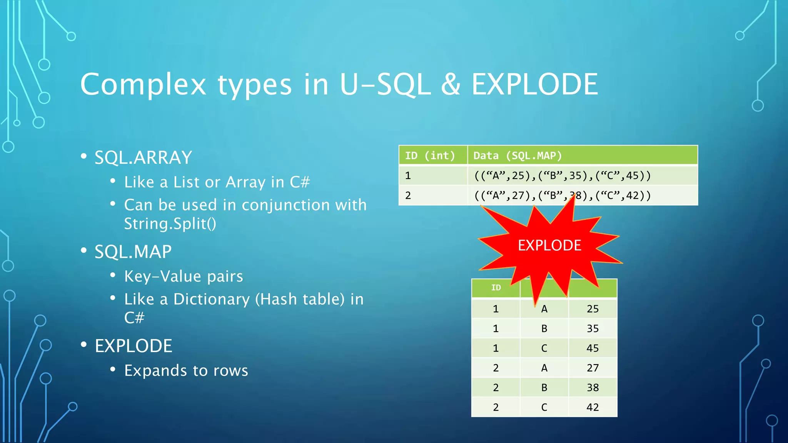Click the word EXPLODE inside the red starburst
[x=549, y=245]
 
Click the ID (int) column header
[x=430, y=156]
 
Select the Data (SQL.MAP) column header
[x=517, y=156]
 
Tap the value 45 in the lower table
[x=592, y=348]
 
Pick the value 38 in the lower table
[x=592, y=388]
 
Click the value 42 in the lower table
[x=592, y=407]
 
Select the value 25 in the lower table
[x=592, y=309]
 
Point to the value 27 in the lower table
[x=592, y=368]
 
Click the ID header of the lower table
[x=496, y=288]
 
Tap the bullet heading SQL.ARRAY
[x=143, y=158]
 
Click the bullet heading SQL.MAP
[x=133, y=252]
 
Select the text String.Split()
[x=170, y=224]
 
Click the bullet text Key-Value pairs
[x=184, y=276]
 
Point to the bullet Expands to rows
[x=186, y=371]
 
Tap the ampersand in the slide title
[x=451, y=85]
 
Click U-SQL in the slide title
[x=384, y=85]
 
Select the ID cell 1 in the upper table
[x=408, y=176]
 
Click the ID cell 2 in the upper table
[x=408, y=196]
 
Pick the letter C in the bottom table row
[x=544, y=407]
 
